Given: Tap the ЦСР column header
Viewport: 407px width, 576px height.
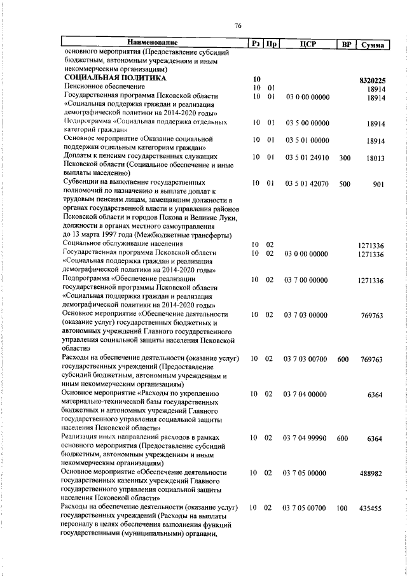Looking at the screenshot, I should pyautogui.click(x=308, y=44).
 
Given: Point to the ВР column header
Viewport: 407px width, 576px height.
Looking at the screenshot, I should pyautogui.click(x=344, y=44).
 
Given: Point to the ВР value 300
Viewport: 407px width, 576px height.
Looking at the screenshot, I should pyautogui.click(x=344, y=157).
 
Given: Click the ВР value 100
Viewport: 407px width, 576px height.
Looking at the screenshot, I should pyautogui.click(x=343, y=508).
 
